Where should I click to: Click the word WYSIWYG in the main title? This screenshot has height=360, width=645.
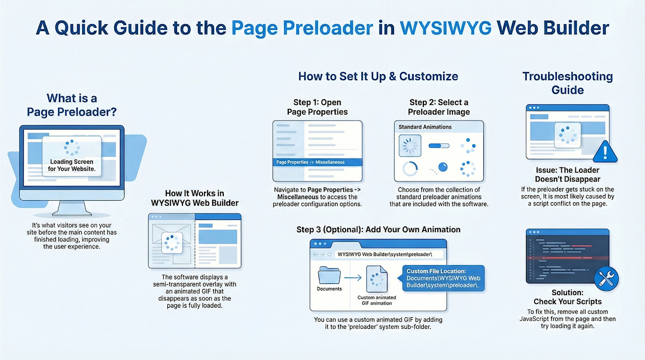pos(445,28)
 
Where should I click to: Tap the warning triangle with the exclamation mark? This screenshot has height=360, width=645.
pos(605,152)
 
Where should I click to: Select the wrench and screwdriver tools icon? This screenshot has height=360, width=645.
pos(606,278)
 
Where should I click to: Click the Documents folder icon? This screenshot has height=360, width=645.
pos(329,275)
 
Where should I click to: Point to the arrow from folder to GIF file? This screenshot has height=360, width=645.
pos(353,278)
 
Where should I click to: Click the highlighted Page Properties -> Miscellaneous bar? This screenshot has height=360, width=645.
pos(317,162)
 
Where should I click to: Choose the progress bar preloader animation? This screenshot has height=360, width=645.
pos(439,146)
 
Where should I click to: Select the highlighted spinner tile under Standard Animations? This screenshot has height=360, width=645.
pos(410,146)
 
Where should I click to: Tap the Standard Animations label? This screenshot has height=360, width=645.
pos(425,127)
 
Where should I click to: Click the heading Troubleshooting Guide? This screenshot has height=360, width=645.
pos(567,83)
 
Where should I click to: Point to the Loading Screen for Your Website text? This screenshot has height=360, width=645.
pos(72,165)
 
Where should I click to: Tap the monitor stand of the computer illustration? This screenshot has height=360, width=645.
pos(72,208)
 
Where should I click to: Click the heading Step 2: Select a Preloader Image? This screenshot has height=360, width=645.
pos(439,107)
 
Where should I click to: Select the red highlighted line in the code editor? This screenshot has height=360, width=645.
pos(567,258)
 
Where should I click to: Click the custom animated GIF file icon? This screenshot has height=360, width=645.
pos(376,279)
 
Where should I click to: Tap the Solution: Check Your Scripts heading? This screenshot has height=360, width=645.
pos(567,297)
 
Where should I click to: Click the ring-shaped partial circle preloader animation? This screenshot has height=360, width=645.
pos(410,168)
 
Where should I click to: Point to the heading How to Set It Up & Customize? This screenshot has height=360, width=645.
pos(378,76)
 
